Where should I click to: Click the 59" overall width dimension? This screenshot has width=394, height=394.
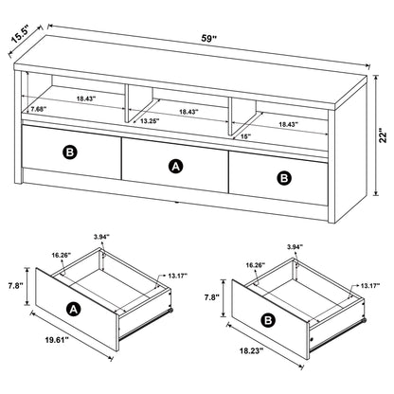[x=209, y=39]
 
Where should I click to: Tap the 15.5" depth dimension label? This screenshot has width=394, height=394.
[x=20, y=34]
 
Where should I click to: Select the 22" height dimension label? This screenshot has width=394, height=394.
[x=384, y=135]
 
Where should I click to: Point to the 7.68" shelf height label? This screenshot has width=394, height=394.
[x=39, y=109]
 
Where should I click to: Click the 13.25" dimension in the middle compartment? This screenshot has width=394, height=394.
[x=150, y=120]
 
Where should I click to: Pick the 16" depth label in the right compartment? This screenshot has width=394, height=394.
[x=245, y=136]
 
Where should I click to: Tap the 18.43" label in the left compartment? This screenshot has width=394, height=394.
[x=86, y=98]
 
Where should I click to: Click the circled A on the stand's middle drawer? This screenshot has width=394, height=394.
[x=176, y=167]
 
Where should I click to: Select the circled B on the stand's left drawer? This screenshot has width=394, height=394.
[x=70, y=152]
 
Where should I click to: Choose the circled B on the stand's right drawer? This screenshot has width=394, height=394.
[x=284, y=178]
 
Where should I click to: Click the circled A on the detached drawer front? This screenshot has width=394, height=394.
[x=74, y=310]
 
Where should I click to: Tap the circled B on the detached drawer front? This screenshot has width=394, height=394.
[x=268, y=321]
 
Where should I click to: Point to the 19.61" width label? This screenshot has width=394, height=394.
[x=57, y=340]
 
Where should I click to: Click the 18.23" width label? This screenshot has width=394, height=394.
[x=251, y=349]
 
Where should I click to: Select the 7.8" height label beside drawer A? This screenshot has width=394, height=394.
[x=15, y=286]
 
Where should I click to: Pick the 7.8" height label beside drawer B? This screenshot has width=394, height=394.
[x=211, y=297]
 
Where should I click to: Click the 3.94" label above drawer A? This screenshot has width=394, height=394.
[x=101, y=236]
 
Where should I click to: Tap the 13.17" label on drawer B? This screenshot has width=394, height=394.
[x=370, y=286]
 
